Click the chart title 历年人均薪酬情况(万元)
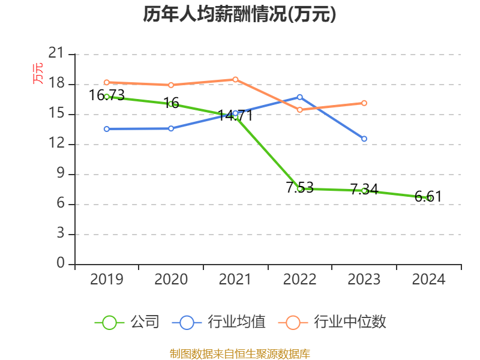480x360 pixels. pos(239,14)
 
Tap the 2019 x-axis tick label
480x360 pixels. pos(107,280)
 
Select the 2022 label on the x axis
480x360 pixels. pos(299,280)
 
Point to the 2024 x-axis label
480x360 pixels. pos(429,280)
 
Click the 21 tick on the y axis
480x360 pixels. pos(56,53)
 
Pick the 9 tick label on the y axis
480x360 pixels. pos(61,174)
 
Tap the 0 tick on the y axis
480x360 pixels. pos(61,263)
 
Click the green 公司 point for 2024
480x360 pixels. pos(429,198)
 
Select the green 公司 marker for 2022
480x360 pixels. pos(299,188)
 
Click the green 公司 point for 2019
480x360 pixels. pos(107,96)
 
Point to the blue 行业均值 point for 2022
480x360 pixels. pos(299,97)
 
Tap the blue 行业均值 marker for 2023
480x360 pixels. pos(364,139)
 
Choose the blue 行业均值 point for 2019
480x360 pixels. pos(107,128)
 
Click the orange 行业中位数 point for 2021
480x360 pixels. pos(235,79)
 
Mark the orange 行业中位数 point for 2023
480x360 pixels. pos(364,103)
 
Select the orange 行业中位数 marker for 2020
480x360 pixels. pos(171,85)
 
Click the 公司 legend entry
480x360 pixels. pos(127,322)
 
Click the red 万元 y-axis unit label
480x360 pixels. pos(38,73)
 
